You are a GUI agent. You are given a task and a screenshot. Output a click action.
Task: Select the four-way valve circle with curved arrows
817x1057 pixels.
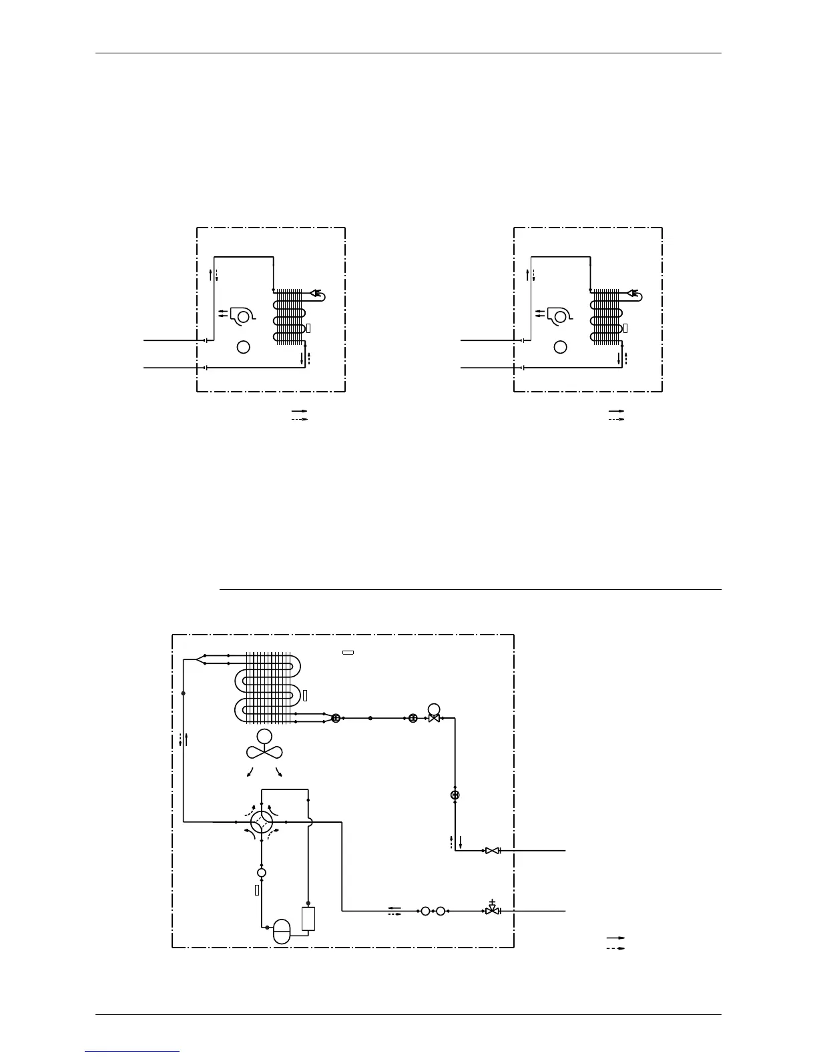click(x=261, y=821)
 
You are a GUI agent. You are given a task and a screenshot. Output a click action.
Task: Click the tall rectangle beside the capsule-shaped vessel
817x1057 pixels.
click(x=308, y=919)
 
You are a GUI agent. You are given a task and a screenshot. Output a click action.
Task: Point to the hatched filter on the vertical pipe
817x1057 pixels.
click(x=455, y=795)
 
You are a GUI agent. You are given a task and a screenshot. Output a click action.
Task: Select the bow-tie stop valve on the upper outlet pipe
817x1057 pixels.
click(x=492, y=851)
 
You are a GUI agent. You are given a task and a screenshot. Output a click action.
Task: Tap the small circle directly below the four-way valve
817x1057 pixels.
click(x=262, y=872)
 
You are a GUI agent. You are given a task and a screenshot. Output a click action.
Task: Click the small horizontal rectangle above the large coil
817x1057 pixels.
click(x=348, y=652)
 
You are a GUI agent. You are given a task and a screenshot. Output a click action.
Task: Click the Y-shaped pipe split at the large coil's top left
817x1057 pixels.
click(x=201, y=660)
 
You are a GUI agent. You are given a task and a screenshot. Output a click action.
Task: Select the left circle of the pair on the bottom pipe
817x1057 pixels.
click(x=425, y=910)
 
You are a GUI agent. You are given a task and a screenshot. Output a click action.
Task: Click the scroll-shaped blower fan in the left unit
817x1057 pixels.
click(x=240, y=316)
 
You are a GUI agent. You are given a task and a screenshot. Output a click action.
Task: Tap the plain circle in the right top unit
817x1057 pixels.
click(x=561, y=347)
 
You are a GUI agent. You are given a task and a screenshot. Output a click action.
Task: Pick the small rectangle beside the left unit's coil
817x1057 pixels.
click(x=308, y=328)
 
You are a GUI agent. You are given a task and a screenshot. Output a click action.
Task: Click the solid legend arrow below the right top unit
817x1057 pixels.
click(x=615, y=411)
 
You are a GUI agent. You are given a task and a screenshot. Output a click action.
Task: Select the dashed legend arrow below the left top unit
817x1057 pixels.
click(x=298, y=419)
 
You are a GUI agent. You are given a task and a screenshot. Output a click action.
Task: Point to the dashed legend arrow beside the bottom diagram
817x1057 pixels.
click(x=615, y=948)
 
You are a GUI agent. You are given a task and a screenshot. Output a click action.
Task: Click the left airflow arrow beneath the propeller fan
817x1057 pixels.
click(x=250, y=773)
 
